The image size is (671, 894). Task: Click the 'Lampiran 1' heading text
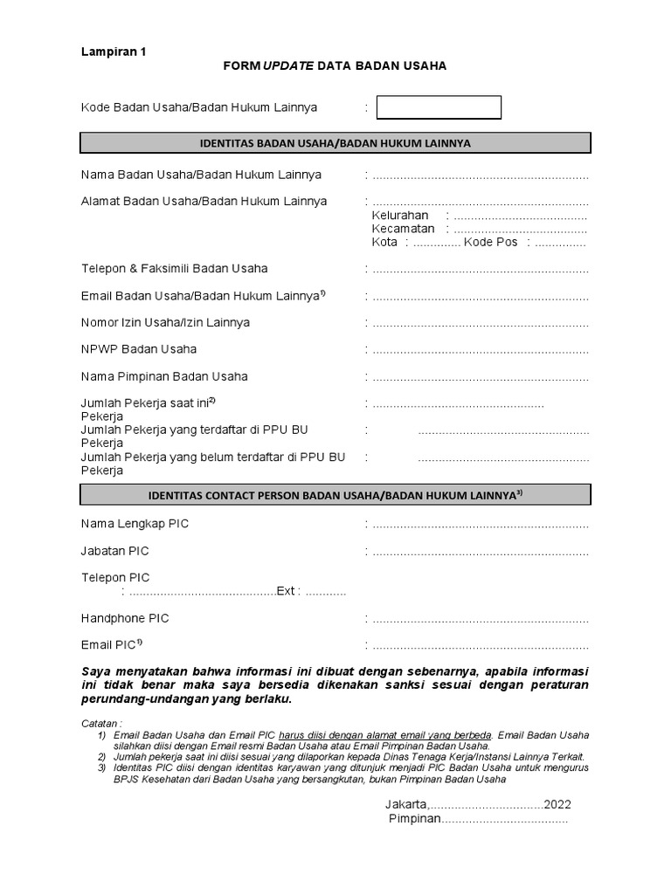tap(114, 52)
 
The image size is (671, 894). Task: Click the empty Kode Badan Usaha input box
tap(439, 107)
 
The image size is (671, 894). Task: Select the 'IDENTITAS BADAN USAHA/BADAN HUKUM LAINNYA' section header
tap(335, 143)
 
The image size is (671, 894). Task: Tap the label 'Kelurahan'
tap(400, 216)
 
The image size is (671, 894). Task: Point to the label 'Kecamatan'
tap(403, 229)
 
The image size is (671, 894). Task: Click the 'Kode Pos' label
tap(491, 243)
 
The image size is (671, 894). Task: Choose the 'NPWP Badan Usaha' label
tap(139, 349)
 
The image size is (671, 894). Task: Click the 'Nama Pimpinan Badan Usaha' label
tap(164, 376)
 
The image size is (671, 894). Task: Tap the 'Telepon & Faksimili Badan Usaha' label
tap(175, 268)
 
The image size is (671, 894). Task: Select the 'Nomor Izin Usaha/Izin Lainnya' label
tap(165, 322)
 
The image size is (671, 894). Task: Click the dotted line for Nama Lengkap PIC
tap(480, 525)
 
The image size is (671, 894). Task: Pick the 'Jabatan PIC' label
tap(114, 551)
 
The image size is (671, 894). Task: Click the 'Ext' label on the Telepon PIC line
tap(286, 592)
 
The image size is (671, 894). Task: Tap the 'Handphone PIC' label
tap(125, 618)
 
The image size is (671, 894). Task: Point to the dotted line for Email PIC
tap(480, 646)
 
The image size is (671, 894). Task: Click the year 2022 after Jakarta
tap(557, 804)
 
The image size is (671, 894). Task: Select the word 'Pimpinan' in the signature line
tap(414, 819)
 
